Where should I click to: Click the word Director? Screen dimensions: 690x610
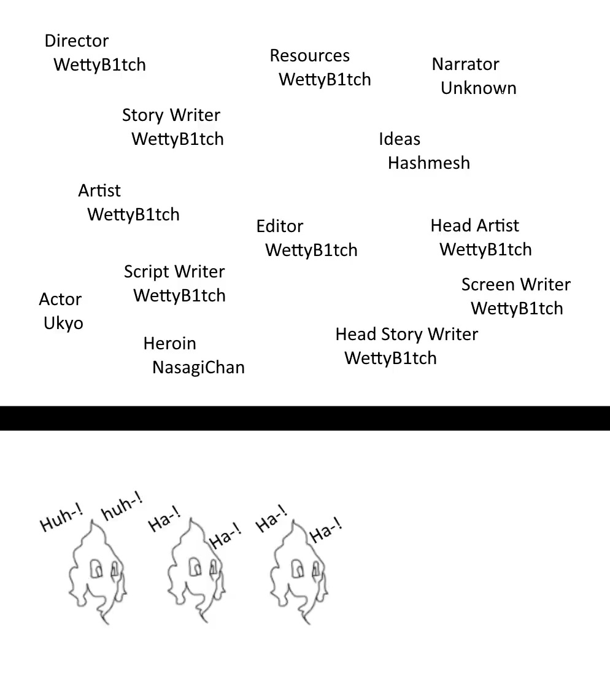[77, 41]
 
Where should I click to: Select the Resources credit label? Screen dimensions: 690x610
[309, 56]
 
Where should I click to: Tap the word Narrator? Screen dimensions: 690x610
[465, 64]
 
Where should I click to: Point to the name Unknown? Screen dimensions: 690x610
[479, 88]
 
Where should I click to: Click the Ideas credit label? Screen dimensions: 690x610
[400, 139]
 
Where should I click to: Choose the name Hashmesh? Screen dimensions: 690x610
[429, 163]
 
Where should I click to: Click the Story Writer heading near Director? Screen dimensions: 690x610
[171, 115]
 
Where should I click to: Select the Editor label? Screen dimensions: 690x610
[280, 227]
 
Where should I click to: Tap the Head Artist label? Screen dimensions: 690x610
[474, 226]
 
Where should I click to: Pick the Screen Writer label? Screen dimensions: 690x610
[515, 285]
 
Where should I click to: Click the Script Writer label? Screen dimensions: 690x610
[174, 272]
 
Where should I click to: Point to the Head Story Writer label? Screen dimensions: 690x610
[406, 335]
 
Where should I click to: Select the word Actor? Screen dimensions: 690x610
[60, 300]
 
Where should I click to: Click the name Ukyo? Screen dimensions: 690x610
[63, 324]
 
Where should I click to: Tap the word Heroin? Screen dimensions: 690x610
[170, 344]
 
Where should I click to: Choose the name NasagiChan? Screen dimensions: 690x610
[198, 368]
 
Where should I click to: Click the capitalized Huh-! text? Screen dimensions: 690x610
[61, 519]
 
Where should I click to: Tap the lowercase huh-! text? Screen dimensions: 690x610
[122, 507]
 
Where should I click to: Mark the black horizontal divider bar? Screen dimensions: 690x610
[305, 418]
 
